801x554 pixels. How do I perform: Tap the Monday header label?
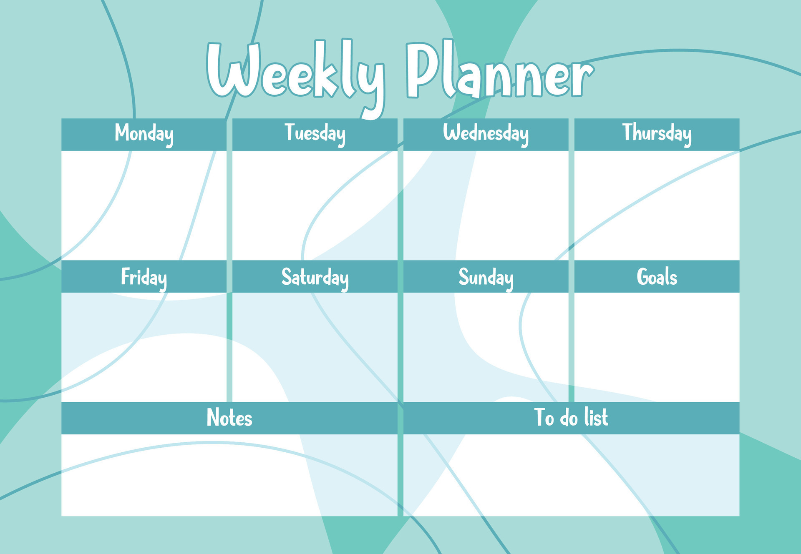(x=144, y=134)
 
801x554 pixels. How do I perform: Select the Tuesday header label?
(x=315, y=134)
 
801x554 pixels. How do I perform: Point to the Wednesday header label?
(x=486, y=134)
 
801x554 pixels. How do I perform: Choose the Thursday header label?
(x=657, y=133)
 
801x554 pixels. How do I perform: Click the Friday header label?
(x=144, y=277)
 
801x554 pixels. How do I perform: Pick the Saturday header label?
(x=315, y=277)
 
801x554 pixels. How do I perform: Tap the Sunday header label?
(x=486, y=277)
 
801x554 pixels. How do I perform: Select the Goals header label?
(x=657, y=277)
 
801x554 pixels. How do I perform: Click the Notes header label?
(x=229, y=418)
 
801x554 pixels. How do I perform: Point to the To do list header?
(x=571, y=417)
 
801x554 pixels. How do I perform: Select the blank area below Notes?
(x=229, y=475)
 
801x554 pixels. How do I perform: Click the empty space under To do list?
(x=571, y=475)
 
